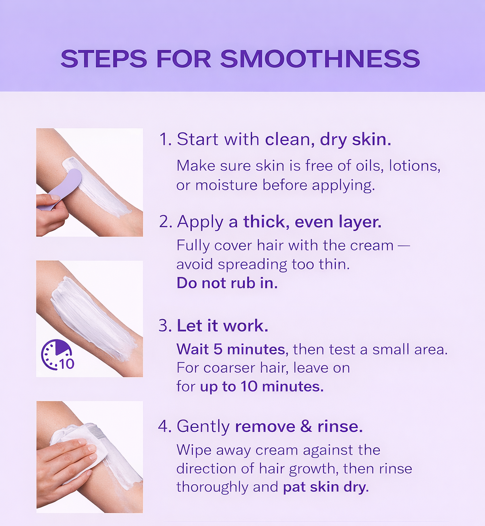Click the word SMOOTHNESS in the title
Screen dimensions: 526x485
pyautogui.click(x=320, y=58)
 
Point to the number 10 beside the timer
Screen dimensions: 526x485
pyautogui.click(x=66, y=364)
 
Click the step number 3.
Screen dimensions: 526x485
pyautogui.click(x=164, y=326)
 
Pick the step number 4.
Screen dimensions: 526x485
pyautogui.click(x=164, y=427)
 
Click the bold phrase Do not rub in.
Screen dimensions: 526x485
pyautogui.click(x=227, y=283)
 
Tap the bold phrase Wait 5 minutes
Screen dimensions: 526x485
pyautogui.click(x=231, y=350)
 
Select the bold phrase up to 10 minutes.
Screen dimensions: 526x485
pyautogui.click(x=261, y=386)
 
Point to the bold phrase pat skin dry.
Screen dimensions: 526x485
pyautogui.click(x=325, y=488)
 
